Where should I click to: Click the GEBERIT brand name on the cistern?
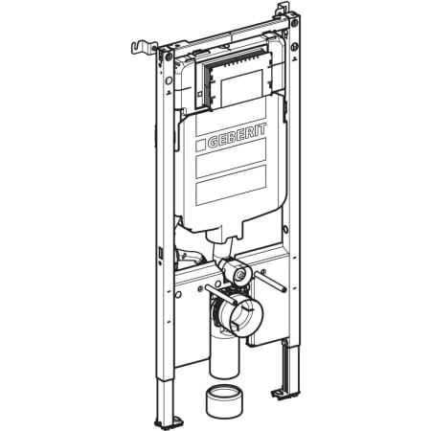pyautogui.click(x=237, y=137)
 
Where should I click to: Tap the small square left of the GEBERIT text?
pyautogui.click(x=200, y=146)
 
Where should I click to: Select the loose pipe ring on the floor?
pyautogui.click(x=224, y=402)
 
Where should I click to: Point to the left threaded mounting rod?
pyautogui.click(x=221, y=294)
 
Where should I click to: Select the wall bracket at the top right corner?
pyautogui.click(x=283, y=9)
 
